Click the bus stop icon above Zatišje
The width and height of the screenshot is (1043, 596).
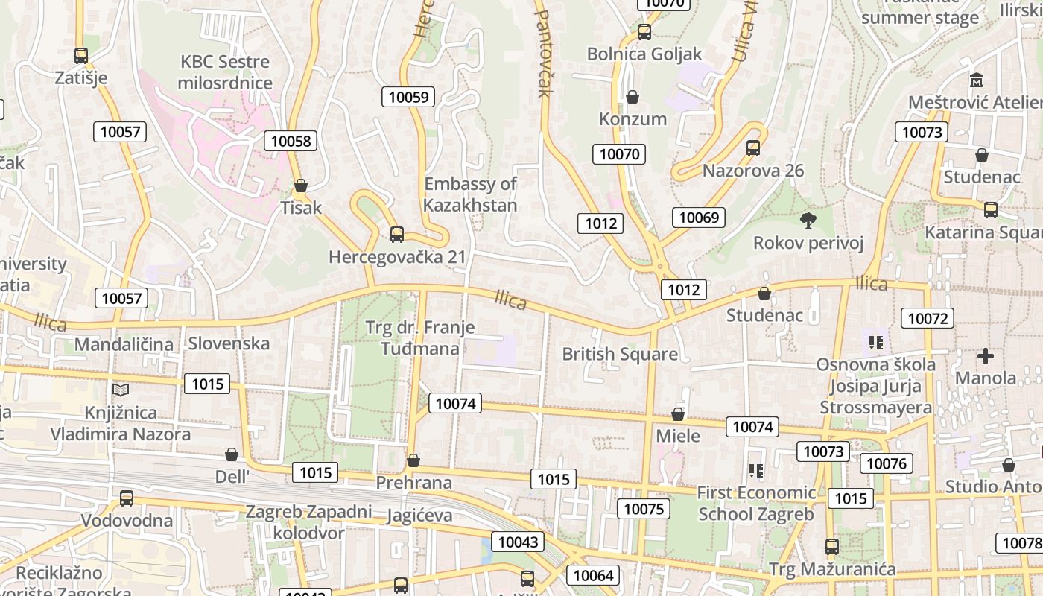[x=81, y=56]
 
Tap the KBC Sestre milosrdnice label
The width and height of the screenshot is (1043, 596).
[x=225, y=72]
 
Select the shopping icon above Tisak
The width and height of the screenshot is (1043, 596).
[x=301, y=186]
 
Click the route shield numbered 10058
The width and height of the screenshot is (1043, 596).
[x=291, y=141]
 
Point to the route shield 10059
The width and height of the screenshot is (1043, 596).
[x=408, y=97]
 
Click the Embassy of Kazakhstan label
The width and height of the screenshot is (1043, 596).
[x=470, y=194]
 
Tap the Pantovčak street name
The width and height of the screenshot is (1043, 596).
[x=543, y=53]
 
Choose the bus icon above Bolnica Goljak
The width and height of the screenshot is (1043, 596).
[x=644, y=32]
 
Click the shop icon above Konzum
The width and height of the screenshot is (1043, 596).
[x=633, y=97]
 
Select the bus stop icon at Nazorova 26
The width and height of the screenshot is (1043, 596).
[x=753, y=148]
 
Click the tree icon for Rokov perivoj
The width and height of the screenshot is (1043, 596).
[x=808, y=220]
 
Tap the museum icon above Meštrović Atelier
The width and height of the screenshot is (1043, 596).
[x=977, y=80]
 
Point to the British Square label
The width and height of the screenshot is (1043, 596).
[x=620, y=354]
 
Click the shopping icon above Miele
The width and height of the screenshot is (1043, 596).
[x=678, y=413]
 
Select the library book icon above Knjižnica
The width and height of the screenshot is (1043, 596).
[x=121, y=390]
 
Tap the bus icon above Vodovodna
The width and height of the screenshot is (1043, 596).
[x=127, y=498]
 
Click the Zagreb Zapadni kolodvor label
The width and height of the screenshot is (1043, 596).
[x=308, y=522]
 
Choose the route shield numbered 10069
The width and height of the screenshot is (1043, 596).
[x=698, y=218]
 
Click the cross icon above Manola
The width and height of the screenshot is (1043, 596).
[x=986, y=356]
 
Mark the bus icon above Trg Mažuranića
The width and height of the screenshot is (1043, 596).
[x=832, y=547]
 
